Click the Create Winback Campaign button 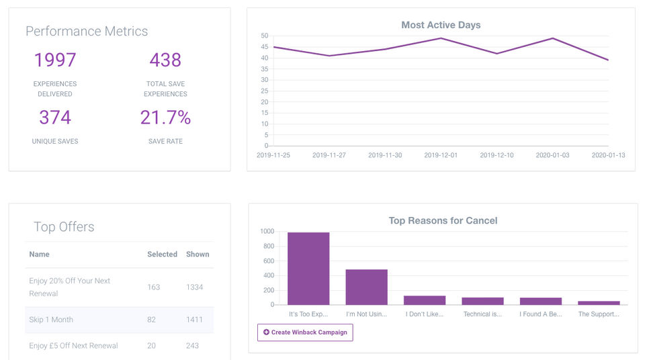(x=305, y=332)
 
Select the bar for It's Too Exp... (x=308, y=269)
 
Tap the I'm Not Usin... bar (x=366, y=287)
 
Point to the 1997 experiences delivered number (x=55, y=60)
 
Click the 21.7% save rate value (x=165, y=118)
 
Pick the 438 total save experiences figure (x=165, y=60)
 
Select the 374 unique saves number (x=55, y=118)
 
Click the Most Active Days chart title (x=441, y=25)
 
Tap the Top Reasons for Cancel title (x=443, y=220)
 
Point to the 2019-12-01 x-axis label (x=441, y=155)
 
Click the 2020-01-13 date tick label (x=608, y=155)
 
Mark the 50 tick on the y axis (x=264, y=36)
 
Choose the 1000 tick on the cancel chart (x=267, y=231)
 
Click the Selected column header (x=162, y=255)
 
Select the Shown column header (x=198, y=255)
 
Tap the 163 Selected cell (x=153, y=287)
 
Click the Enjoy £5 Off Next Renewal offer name (x=73, y=346)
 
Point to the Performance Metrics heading (x=87, y=32)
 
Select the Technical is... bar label (x=482, y=314)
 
